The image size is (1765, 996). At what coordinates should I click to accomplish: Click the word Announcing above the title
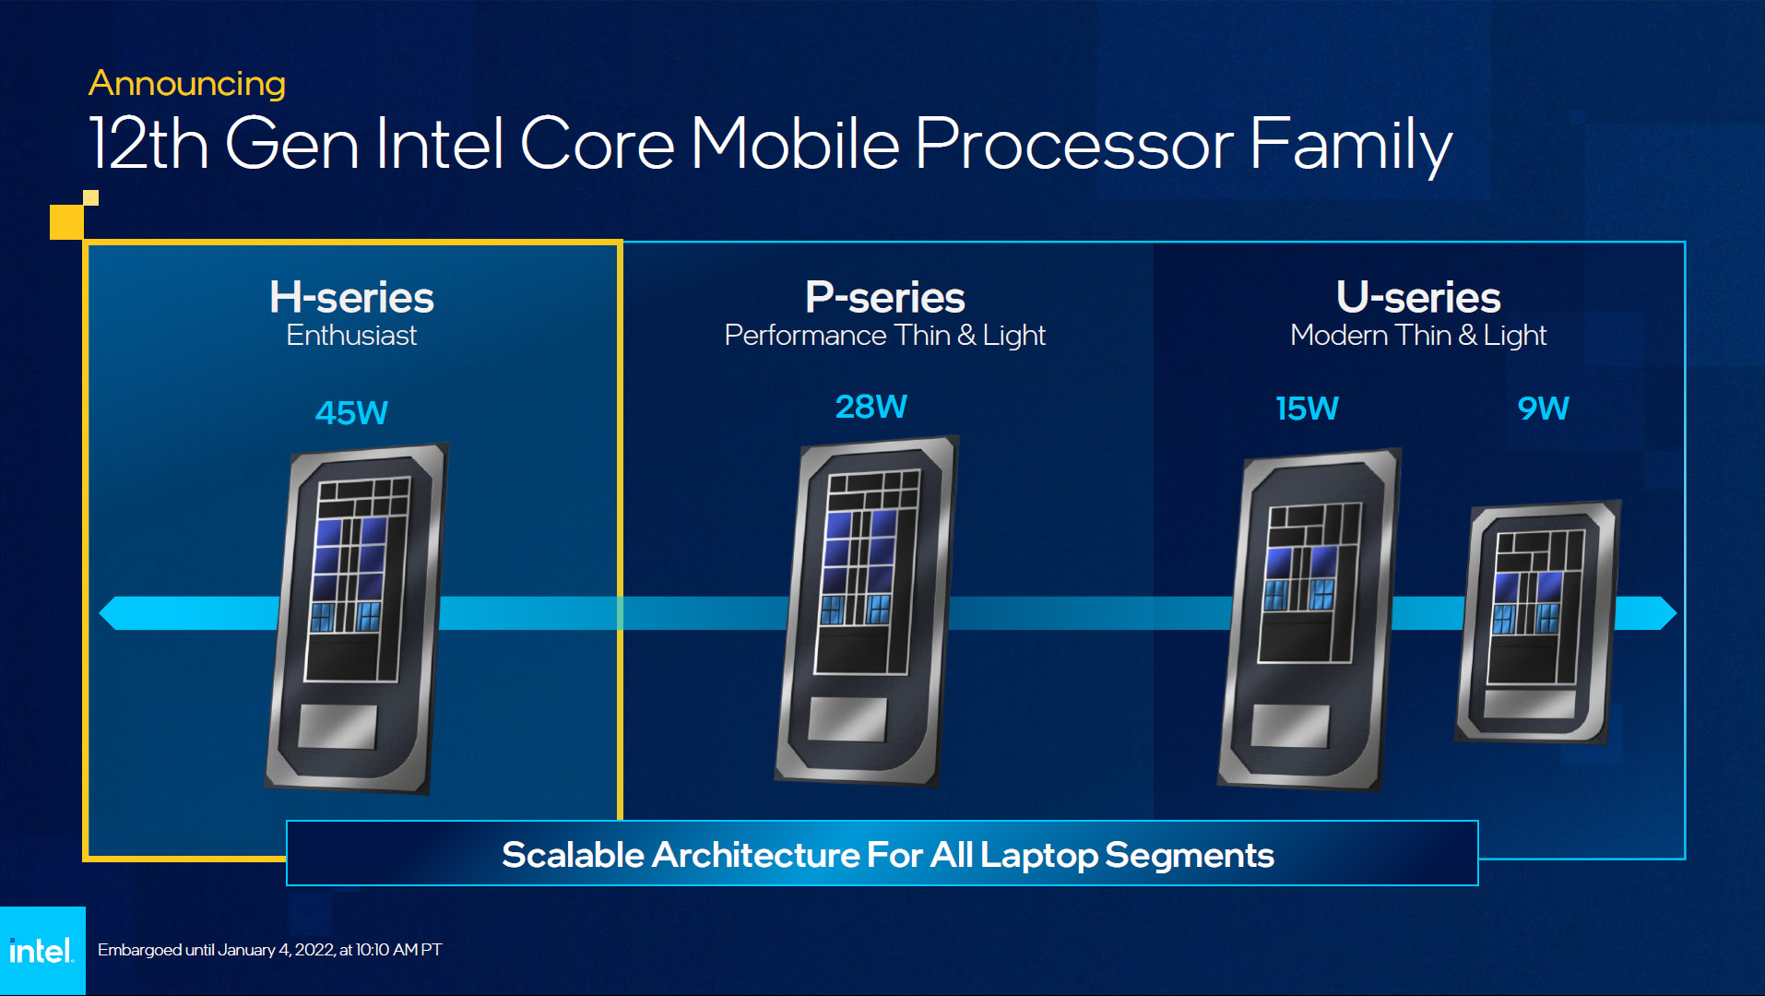pos(186,84)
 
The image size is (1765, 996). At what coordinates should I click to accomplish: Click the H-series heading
pos(351,297)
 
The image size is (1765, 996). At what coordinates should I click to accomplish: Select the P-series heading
pos(884,297)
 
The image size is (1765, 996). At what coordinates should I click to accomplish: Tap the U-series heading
pos(1418,297)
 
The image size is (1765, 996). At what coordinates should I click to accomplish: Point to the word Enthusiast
pos(351,336)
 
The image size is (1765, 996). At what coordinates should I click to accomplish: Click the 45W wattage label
pos(351,412)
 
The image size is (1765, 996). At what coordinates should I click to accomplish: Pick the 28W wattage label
pos(871,407)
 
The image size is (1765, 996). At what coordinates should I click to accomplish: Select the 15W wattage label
pos(1307,409)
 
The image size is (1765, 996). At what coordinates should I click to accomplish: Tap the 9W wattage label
pos(1543,409)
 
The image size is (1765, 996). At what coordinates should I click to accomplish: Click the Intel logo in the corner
pos(41,951)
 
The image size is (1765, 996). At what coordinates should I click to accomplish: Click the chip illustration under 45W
pos(356,618)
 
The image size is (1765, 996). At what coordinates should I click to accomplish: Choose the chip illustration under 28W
pos(867,611)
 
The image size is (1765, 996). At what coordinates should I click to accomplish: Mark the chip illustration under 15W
pos(1309,620)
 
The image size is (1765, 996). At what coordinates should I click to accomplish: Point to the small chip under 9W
pos(1538,622)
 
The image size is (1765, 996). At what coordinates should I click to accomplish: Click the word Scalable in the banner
pos(573,855)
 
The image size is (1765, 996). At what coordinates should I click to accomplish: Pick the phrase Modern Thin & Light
pos(1418,336)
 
